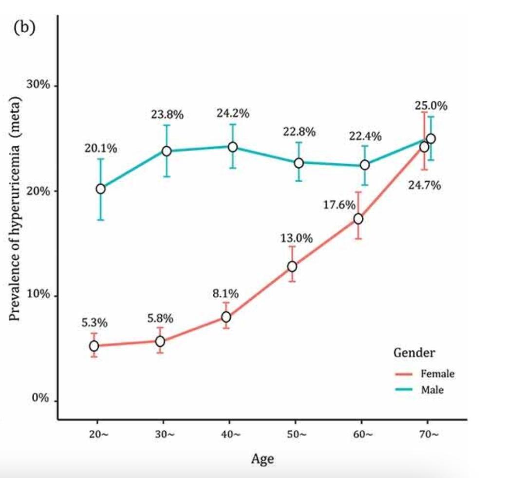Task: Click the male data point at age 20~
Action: click(100, 189)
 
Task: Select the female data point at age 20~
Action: click(94, 346)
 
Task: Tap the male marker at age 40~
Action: click(233, 147)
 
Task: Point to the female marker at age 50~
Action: click(292, 267)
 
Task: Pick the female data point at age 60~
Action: click(358, 219)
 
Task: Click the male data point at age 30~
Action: click(167, 151)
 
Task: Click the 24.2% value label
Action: click(233, 114)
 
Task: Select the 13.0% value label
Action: click(296, 239)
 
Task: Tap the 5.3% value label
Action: click(94, 323)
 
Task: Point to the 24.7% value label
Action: click(425, 186)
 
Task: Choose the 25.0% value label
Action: click(431, 105)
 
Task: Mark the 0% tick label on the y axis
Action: click(41, 399)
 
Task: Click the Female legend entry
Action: click(437, 374)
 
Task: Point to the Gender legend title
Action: click(414, 352)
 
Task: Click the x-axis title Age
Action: click(262, 459)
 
